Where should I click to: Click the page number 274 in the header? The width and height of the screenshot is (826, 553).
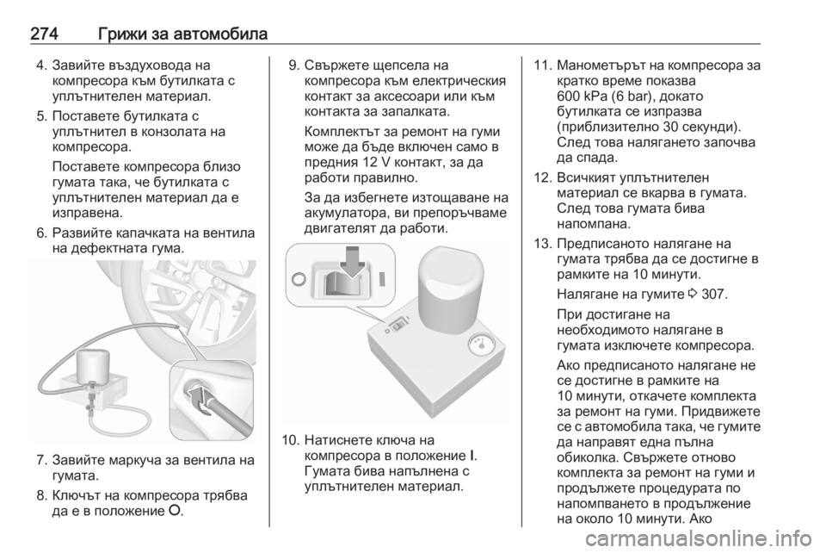pyautogui.click(x=44, y=34)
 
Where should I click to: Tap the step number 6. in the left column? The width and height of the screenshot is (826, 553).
pyautogui.click(x=43, y=233)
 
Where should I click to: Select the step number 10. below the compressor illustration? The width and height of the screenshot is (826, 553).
pyautogui.click(x=291, y=439)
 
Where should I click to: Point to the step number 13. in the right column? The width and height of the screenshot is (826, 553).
pyautogui.click(x=542, y=244)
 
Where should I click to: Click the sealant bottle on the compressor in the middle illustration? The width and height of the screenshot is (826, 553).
pyautogui.click(x=451, y=289)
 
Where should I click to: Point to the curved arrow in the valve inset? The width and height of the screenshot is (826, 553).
pyautogui.click(x=200, y=401)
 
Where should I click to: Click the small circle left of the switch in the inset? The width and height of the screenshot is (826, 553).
pyautogui.click(x=299, y=278)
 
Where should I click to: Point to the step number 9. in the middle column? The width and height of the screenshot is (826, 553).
pyautogui.click(x=295, y=65)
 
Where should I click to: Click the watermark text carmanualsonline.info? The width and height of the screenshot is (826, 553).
pyautogui.click(x=700, y=538)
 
